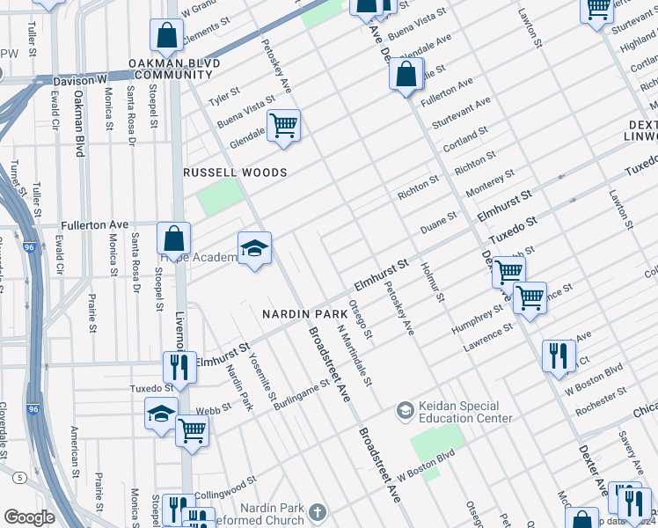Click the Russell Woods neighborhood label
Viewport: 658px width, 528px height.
(x=235, y=172)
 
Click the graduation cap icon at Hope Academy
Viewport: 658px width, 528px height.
(x=254, y=249)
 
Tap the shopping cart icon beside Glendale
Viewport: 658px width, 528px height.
(x=283, y=126)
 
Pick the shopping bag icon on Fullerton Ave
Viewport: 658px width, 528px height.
(x=174, y=238)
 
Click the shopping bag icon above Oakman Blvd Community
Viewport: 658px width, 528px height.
(x=166, y=36)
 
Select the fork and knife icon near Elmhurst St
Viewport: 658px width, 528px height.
(x=179, y=366)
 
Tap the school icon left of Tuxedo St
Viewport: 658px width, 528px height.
(x=162, y=413)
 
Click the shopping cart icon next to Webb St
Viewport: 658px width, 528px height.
(x=192, y=431)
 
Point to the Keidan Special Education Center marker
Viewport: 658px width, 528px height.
(x=405, y=410)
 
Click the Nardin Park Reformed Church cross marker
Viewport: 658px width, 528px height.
(x=317, y=510)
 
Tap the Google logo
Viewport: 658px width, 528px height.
(x=29, y=517)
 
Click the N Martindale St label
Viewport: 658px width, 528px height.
(x=355, y=356)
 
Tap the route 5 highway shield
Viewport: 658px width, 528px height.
(x=18, y=476)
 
